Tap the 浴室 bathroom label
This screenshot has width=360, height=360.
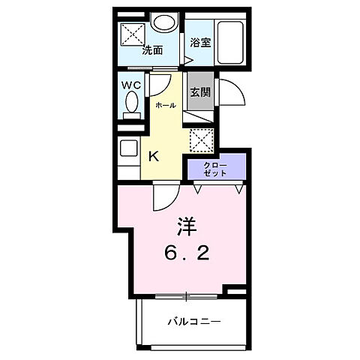[x=199, y=43]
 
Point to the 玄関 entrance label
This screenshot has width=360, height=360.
[x=199, y=93]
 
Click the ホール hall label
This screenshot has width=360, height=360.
[x=165, y=105]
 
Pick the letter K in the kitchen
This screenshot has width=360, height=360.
[x=153, y=157]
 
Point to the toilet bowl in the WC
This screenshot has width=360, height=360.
[x=132, y=105]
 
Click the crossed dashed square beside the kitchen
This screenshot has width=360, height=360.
[x=199, y=139]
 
